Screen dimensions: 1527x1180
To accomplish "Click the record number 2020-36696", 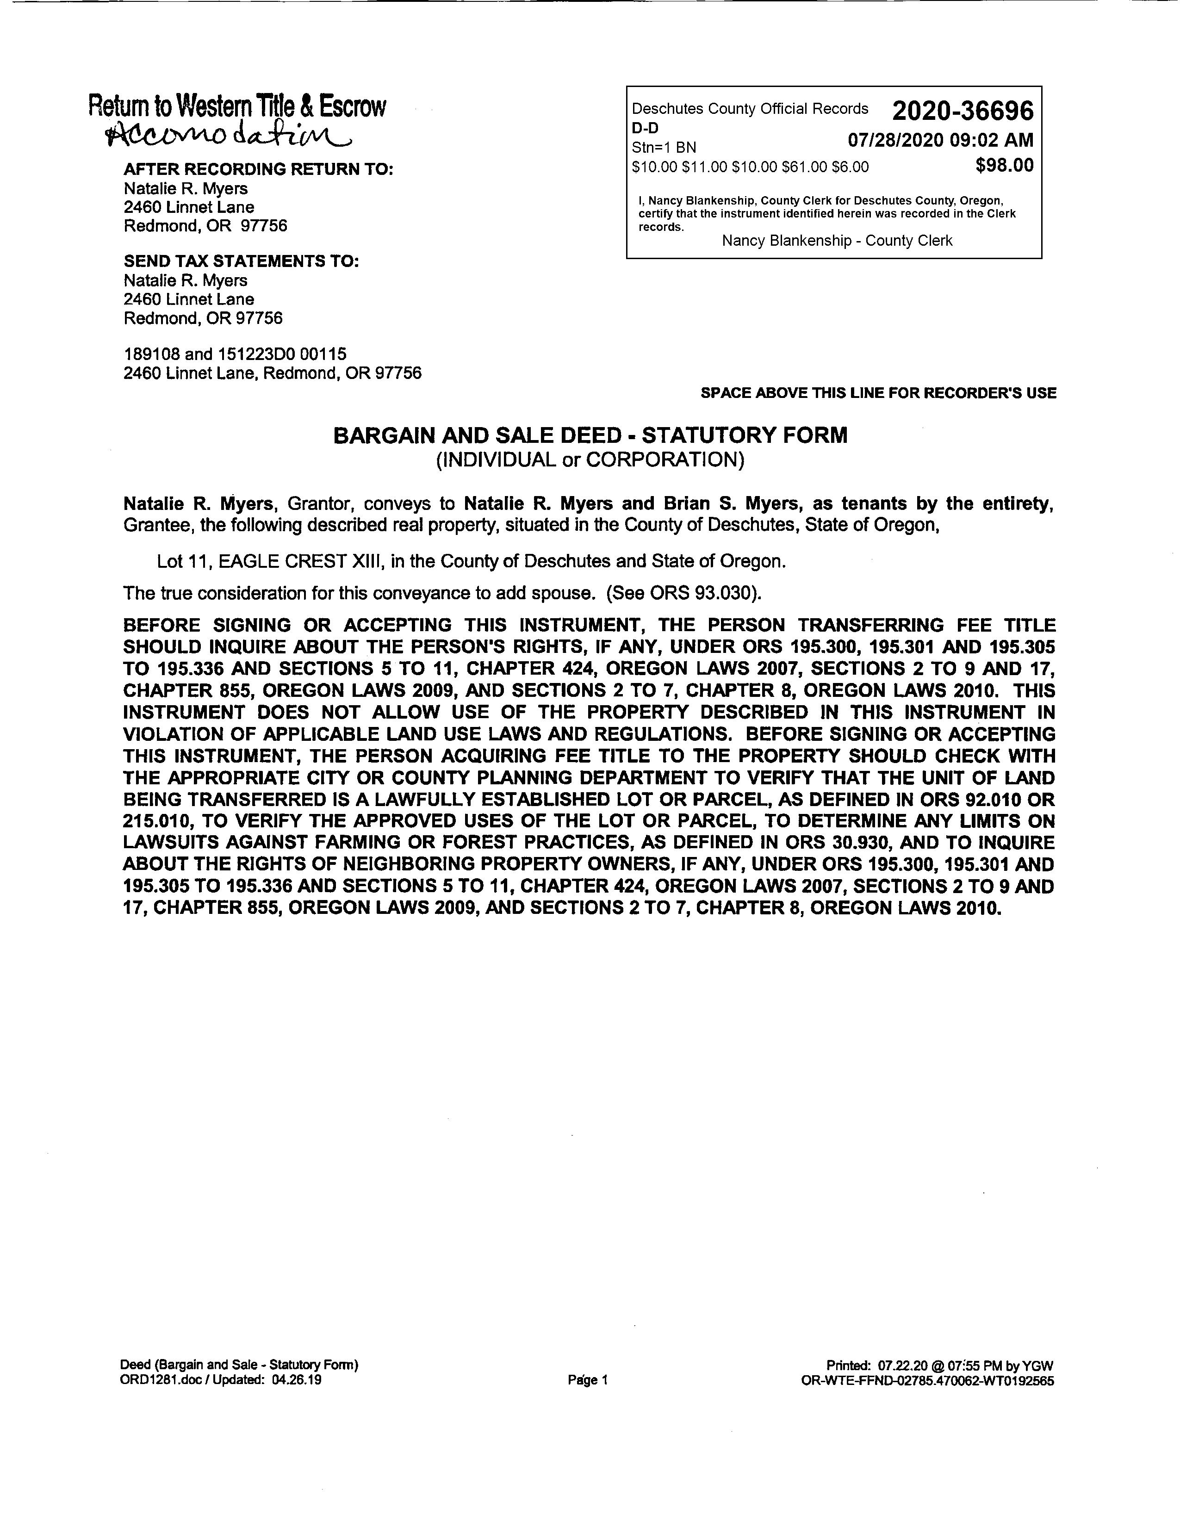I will click(x=962, y=111).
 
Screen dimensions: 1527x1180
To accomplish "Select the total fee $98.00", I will click(x=1004, y=166).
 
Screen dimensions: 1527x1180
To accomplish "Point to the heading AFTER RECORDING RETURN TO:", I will click(x=258, y=169).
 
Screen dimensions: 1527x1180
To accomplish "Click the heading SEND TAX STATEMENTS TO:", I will click(x=241, y=261).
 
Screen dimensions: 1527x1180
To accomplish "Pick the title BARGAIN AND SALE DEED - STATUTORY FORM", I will click(x=590, y=435).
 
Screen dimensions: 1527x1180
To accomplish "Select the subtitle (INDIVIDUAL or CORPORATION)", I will click(x=590, y=460).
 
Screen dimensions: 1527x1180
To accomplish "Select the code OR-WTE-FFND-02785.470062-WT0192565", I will click(x=928, y=1381).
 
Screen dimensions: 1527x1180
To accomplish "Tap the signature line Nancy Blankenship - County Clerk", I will click(x=837, y=241).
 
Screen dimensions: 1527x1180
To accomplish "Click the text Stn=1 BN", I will click(x=664, y=148).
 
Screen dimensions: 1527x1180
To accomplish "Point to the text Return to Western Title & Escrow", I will click(x=237, y=107).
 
